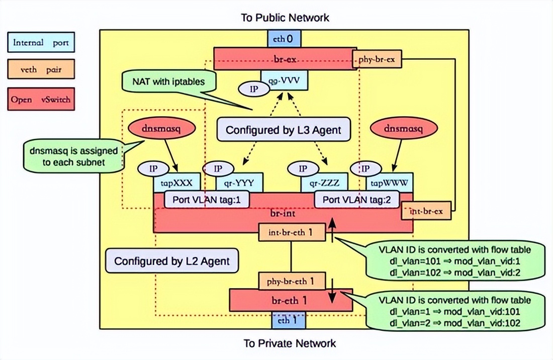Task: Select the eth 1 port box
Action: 285,319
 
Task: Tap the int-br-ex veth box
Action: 426,211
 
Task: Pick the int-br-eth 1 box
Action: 292,232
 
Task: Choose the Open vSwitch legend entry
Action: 41,100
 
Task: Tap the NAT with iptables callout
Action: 168,81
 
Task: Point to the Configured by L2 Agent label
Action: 172,261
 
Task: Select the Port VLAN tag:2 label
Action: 356,200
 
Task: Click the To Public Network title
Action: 286,18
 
